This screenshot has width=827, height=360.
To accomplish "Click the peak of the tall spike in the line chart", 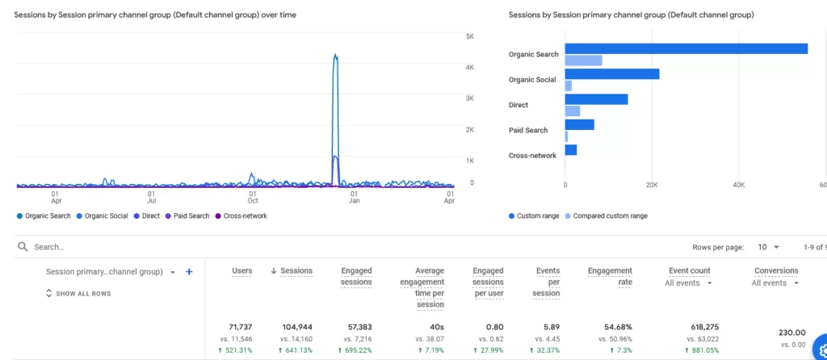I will tap(335, 56).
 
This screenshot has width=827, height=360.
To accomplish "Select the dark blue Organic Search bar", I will tap(686, 48).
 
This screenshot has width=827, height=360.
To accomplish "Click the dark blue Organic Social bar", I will tap(611, 73).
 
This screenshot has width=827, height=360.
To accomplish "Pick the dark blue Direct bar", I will tap(596, 99).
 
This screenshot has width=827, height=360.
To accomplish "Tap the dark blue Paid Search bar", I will tap(579, 124).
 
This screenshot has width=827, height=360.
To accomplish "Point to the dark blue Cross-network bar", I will tap(570, 149).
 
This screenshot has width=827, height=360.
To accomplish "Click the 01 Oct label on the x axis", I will tap(253, 197).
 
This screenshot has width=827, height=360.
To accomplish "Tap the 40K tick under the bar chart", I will tap(738, 185).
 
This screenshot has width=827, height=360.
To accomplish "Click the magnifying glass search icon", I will tap(23, 246).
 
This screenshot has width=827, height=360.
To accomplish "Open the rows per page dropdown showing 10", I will tap(768, 246).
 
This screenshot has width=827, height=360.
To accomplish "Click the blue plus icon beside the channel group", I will tap(189, 272).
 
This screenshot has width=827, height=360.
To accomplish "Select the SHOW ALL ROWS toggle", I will tap(78, 293).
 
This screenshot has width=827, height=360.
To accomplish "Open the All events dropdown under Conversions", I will tap(775, 283).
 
